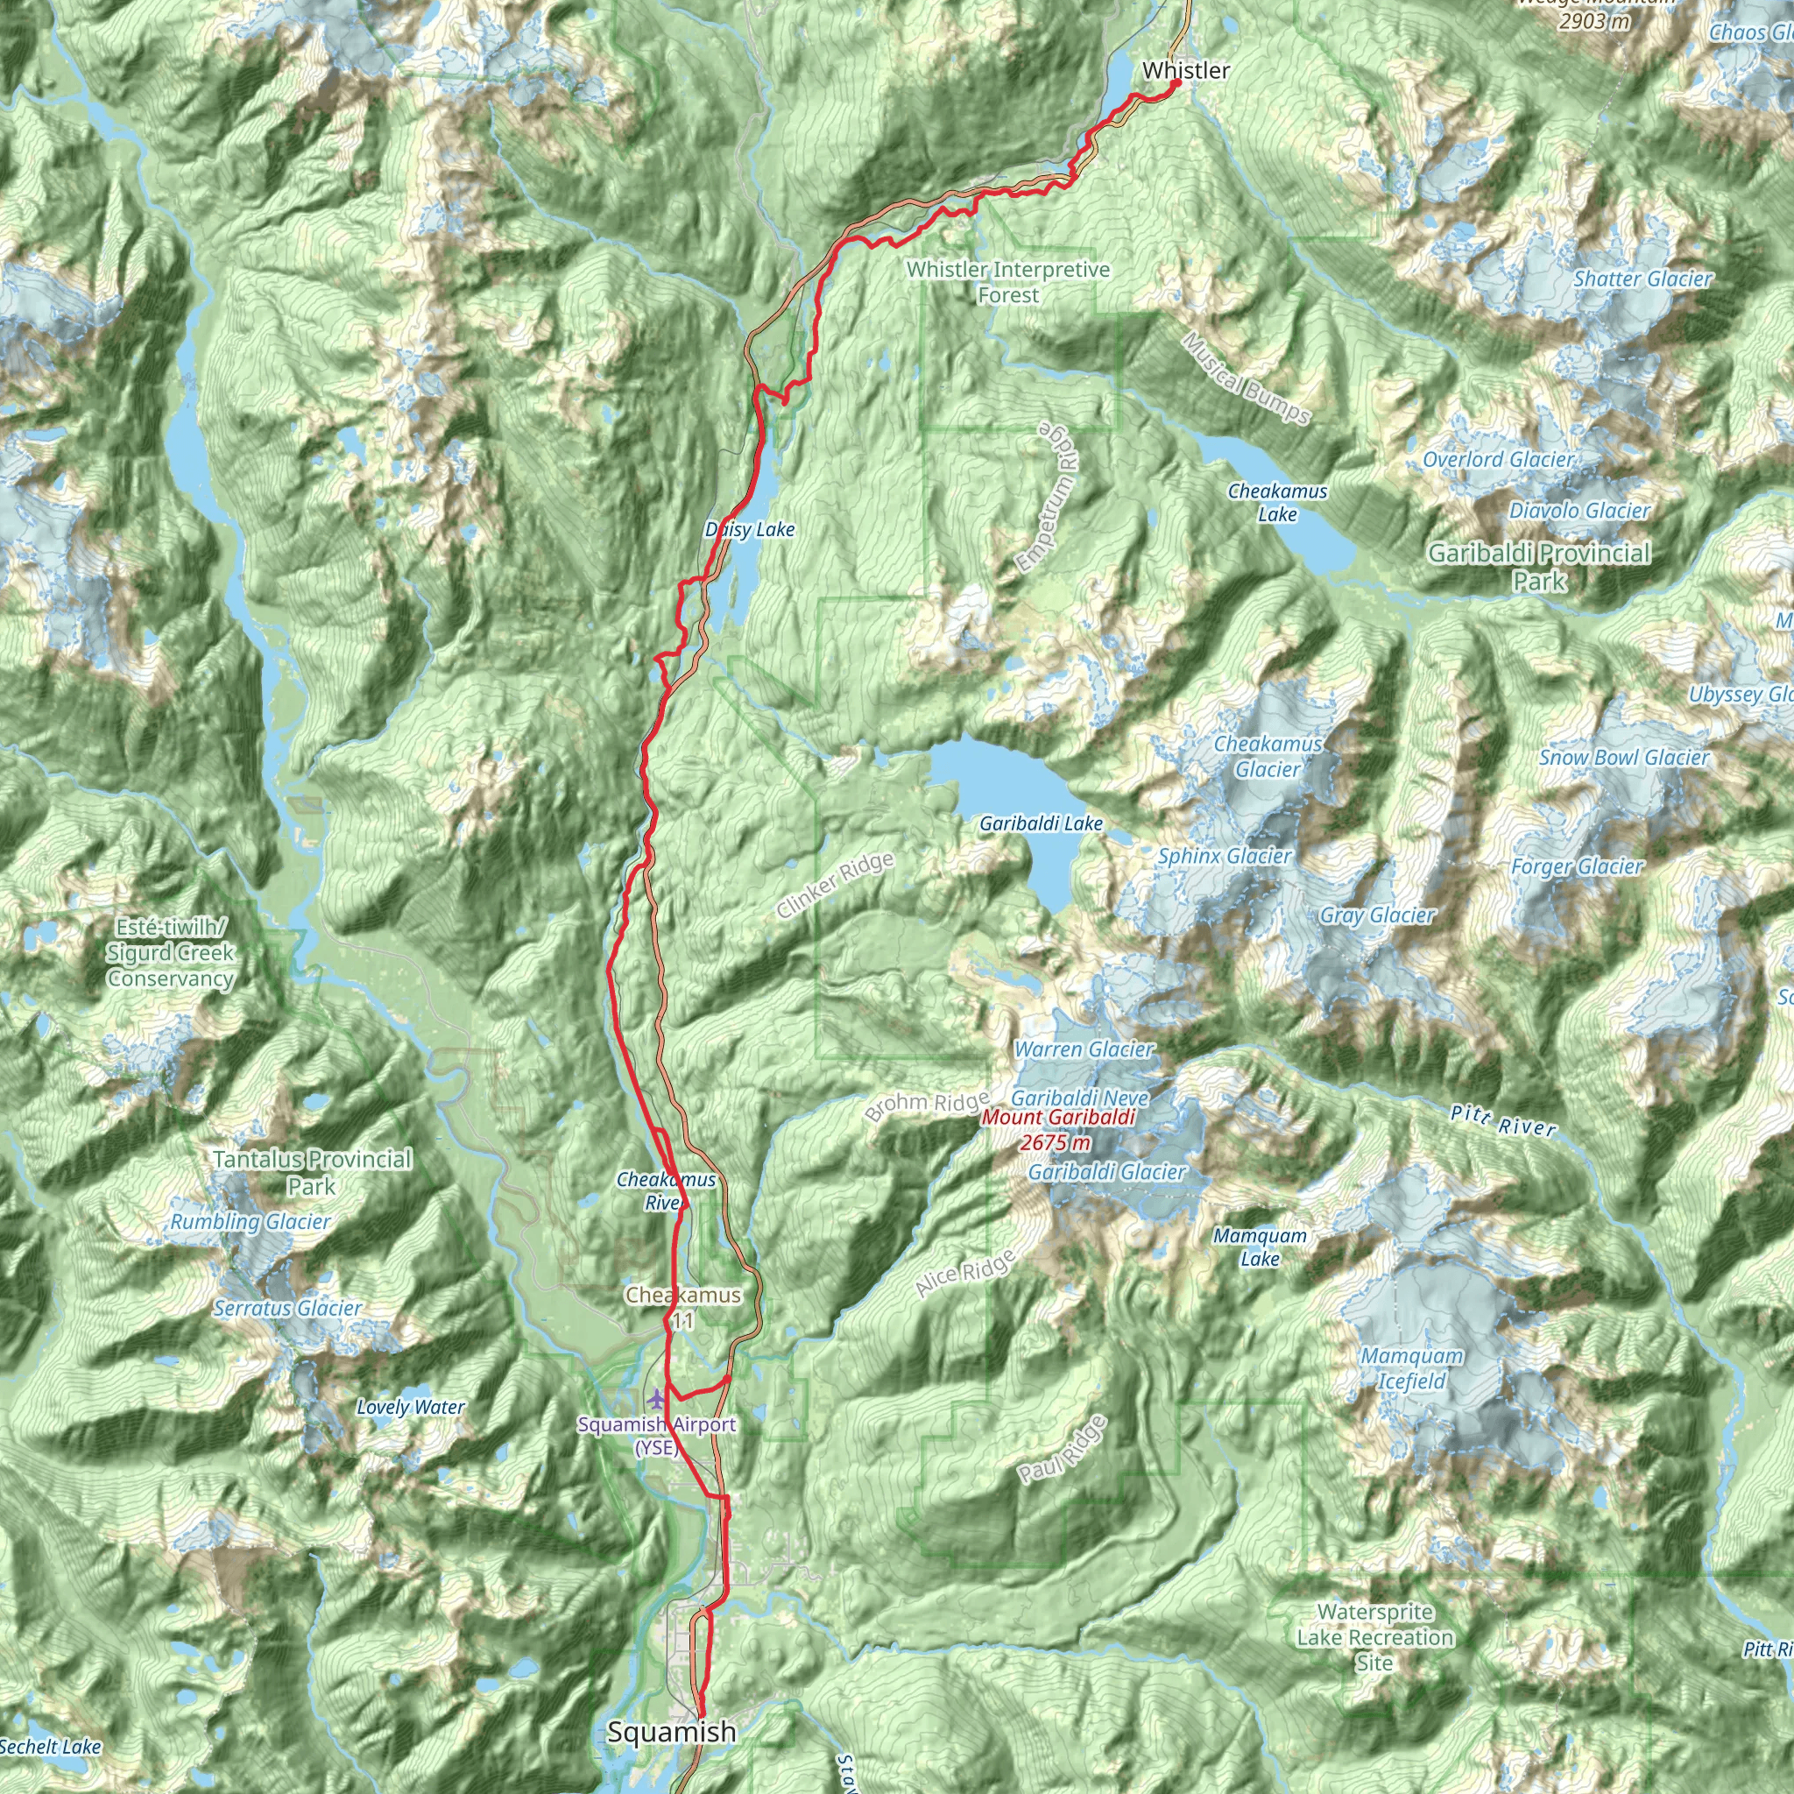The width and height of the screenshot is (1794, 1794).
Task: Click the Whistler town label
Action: [x=1186, y=71]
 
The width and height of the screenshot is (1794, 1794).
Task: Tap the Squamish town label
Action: [x=671, y=1732]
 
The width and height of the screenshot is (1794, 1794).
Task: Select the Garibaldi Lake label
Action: [x=1041, y=823]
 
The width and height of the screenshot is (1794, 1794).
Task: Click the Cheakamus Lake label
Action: [x=1277, y=502]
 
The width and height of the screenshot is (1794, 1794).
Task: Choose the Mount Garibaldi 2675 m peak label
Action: [x=1057, y=1129]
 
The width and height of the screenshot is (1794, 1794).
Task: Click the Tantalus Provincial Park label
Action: [x=312, y=1172]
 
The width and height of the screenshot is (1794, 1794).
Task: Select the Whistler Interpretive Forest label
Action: [x=1007, y=282]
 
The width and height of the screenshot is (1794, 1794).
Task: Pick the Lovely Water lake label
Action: [x=411, y=1407]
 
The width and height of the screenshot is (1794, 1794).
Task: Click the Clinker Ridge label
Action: [x=835, y=885]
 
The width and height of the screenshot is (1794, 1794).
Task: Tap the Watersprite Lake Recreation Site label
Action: [x=1374, y=1637]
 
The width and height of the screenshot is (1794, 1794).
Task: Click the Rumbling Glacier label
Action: [x=250, y=1222]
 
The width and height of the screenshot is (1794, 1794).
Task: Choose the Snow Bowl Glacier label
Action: [x=1624, y=758]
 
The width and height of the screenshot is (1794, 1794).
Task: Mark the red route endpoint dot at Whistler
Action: [x=1176, y=83]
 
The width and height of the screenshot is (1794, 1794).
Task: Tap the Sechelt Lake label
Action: [x=50, y=1747]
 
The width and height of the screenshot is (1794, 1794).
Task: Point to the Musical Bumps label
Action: [x=1247, y=378]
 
